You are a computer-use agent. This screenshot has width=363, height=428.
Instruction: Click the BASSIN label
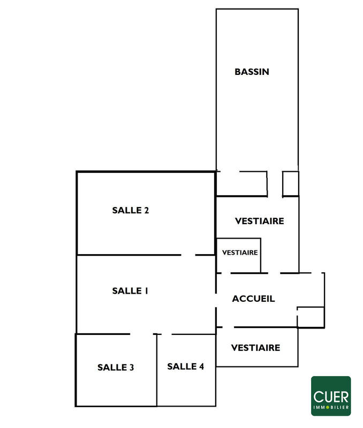[x=252, y=72]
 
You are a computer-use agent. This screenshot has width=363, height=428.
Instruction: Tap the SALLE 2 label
[x=131, y=210]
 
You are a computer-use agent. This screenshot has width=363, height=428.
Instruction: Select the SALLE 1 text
[x=130, y=291]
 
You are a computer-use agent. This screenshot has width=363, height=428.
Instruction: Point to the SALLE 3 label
[x=116, y=368]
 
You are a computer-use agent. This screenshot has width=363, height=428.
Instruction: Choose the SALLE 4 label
[x=185, y=366]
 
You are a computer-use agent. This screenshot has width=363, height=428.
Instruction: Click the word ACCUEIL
[x=253, y=299]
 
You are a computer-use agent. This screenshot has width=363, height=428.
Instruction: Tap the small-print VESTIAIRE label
[x=240, y=253]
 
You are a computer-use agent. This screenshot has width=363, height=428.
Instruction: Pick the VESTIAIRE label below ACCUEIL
[x=256, y=348]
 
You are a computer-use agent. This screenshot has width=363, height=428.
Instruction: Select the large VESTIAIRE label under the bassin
[x=260, y=221]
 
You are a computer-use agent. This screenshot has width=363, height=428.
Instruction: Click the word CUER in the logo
[x=331, y=397]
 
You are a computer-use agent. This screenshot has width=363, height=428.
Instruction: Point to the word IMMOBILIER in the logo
[x=331, y=407]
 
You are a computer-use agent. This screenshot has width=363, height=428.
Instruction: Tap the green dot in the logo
[x=328, y=407]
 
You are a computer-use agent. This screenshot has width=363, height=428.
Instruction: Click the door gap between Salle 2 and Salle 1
[x=188, y=255]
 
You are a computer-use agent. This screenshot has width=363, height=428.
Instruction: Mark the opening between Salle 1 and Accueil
[x=216, y=301]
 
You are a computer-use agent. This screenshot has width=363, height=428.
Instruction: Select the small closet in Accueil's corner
[x=311, y=317]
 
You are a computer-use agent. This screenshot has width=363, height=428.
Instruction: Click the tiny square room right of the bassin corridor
[x=290, y=184]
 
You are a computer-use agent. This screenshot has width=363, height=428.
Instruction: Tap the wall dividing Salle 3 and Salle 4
[x=157, y=370]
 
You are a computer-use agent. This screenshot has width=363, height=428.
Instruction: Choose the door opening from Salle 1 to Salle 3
[x=141, y=334]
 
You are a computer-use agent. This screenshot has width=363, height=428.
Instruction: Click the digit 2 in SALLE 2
[x=147, y=210]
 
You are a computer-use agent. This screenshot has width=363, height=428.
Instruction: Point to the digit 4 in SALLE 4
[x=201, y=366]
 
